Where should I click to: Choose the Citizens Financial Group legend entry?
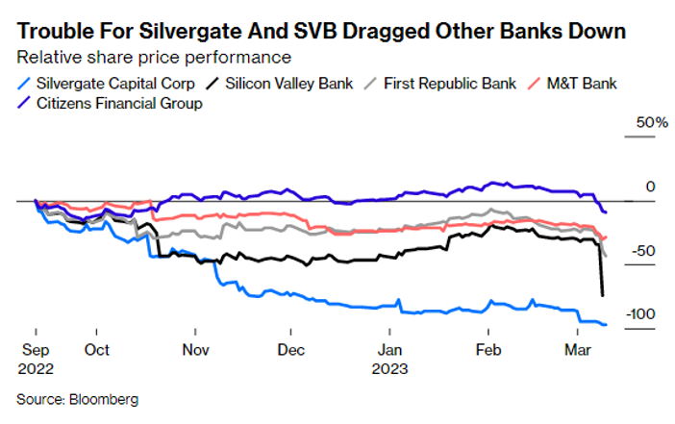(118, 103)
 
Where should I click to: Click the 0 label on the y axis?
(648, 187)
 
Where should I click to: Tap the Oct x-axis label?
(96, 351)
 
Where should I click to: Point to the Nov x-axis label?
(195, 351)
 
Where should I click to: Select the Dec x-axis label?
(291, 351)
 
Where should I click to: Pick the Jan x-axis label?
(390, 351)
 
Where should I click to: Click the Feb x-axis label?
(489, 351)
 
